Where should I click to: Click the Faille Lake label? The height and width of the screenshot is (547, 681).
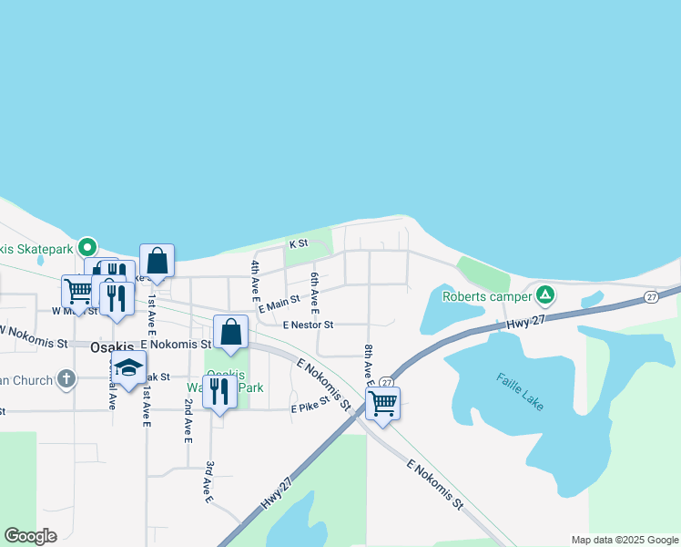pyautogui.click(x=521, y=391)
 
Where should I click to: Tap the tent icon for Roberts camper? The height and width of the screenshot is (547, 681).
pyautogui.click(x=545, y=294)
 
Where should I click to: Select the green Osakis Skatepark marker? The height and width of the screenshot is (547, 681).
pyautogui.click(x=87, y=246)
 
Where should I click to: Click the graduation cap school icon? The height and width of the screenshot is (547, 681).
pyautogui.click(x=128, y=367)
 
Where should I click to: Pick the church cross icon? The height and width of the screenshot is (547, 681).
pyautogui.click(x=66, y=378)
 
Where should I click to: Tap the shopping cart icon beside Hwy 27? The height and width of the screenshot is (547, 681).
pyautogui.click(x=382, y=402)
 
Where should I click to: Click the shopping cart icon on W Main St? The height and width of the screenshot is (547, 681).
pyautogui.click(x=78, y=291)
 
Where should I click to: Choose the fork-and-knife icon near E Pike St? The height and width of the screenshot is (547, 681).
pyautogui.click(x=219, y=390)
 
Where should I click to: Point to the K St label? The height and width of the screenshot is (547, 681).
pyautogui.click(x=299, y=244)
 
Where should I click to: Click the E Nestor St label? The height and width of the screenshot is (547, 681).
pyautogui.click(x=308, y=325)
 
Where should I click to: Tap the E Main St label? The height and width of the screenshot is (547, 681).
pyautogui.click(x=279, y=304)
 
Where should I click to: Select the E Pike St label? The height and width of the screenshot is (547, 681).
pyautogui.click(x=310, y=408)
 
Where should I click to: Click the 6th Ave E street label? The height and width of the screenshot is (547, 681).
pyautogui.click(x=314, y=291)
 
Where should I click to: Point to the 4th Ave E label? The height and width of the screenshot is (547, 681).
pyautogui.click(x=256, y=281)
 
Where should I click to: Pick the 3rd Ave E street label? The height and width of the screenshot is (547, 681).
pyautogui.click(x=208, y=482)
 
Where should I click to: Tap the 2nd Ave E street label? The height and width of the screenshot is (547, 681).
pyautogui.click(x=188, y=421)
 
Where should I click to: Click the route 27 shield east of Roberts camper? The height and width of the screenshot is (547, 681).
pyautogui.click(x=651, y=297)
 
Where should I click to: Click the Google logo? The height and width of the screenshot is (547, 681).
pyautogui.click(x=30, y=536)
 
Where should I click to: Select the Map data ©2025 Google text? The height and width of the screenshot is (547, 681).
pyautogui.click(x=624, y=540)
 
